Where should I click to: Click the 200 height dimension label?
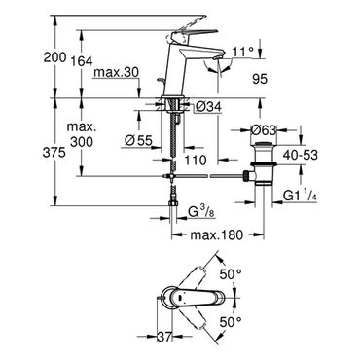(54, 58)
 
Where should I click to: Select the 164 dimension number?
(81, 61)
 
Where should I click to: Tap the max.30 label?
(116, 72)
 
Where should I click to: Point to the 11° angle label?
(242, 52)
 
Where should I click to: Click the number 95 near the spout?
(259, 79)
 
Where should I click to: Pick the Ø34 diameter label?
(209, 106)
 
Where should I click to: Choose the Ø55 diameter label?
(138, 140)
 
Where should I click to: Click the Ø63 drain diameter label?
(264, 130)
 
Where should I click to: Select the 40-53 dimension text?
(300, 155)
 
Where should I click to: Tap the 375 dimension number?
(54, 153)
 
